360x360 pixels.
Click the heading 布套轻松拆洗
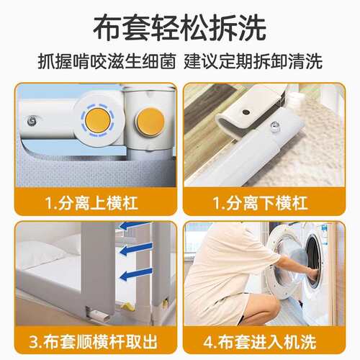pyautogui.click(x=179, y=27)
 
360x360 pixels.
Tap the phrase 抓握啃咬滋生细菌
pyautogui.click(x=107, y=62)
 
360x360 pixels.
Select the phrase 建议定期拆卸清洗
pyautogui.click(x=253, y=62)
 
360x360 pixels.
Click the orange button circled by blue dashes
pyautogui.click(x=98, y=120)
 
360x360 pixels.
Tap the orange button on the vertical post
pyautogui.click(x=150, y=122)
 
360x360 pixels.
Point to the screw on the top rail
pyautogui.click(x=32, y=121)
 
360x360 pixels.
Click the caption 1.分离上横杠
pyautogui.click(x=91, y=203)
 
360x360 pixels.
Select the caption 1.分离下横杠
pyautogui.click(x=260, y=203)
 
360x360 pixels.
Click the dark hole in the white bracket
pyautogui.click(x=246, y=112)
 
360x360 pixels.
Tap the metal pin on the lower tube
pyautogui.click(x=275, y=126)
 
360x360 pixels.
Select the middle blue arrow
pyautogui.click(x=136, y=249)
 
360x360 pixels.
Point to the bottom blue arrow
pyautogui.click(x=136, y=274)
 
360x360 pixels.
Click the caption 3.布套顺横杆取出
pyautogui.click(x=93, y=342)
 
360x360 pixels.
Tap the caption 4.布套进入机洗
pyautogui.click(x=260, y=342)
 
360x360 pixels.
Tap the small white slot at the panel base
pyautogui.click(x=97, y=314)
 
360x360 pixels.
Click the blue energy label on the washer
pyautogui.click(x=325, y=234)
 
